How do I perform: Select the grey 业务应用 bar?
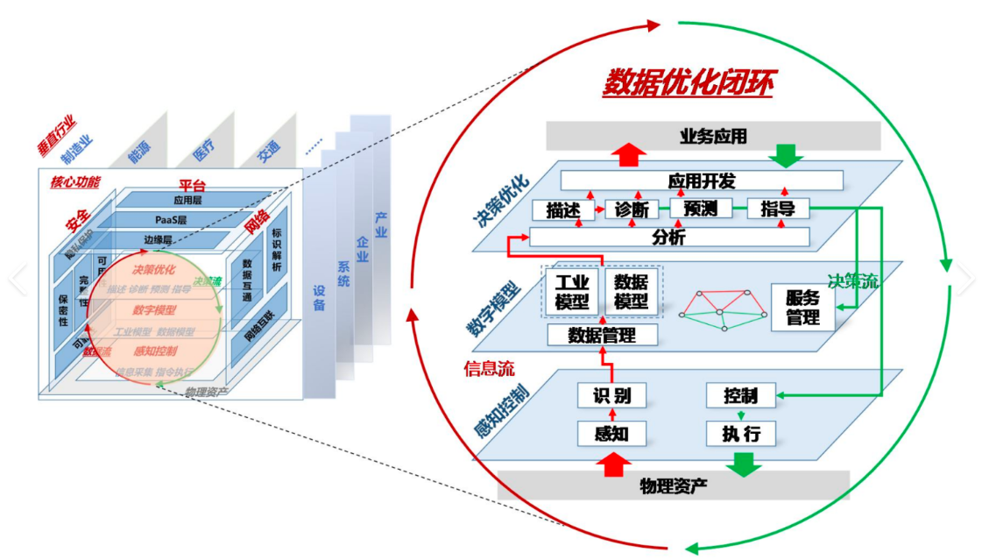713,136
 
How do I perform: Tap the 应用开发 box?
702,181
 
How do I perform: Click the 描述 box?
558,210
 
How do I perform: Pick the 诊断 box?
631,210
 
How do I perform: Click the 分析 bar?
669,237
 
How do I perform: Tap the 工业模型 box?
572,291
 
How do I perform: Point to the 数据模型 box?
631,291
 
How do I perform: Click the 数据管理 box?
601,335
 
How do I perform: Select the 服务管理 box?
802,307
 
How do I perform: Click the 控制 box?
740,395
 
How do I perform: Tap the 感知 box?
611,433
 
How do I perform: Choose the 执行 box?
740,433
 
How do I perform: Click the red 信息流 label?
489,368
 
